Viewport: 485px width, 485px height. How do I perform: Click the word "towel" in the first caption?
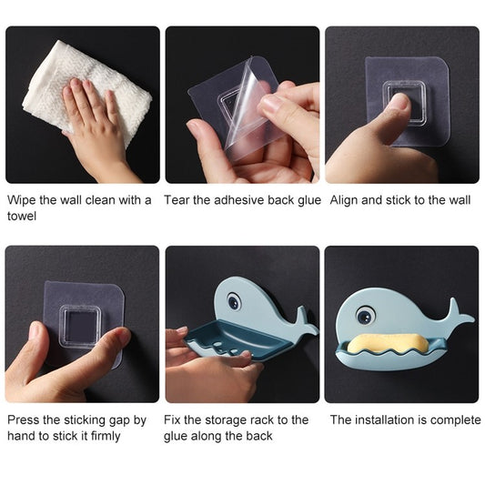tap(23, 217)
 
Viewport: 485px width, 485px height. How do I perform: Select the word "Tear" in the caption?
tap(177, 200)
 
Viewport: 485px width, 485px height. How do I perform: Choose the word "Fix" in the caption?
tap(172, 420)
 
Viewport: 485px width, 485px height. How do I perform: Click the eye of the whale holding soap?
tap(365, 316)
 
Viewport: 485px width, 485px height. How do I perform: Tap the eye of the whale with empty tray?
tap(235, 299)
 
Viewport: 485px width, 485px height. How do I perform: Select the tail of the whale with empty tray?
tap(305, 320)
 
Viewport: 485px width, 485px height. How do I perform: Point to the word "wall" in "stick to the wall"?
tap(457, 200)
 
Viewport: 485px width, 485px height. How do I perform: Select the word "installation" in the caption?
tap(383, 420)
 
